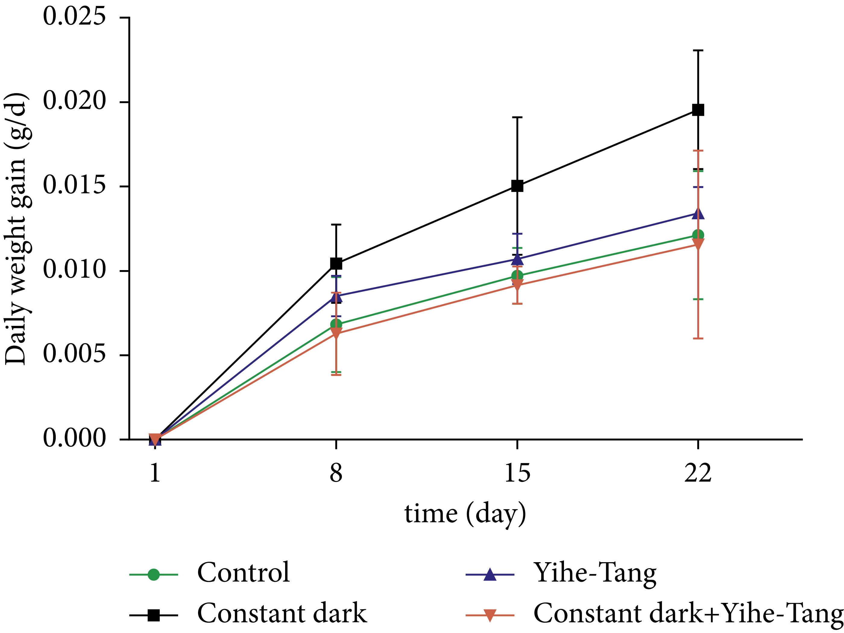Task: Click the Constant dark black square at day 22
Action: click(x=698, y=110)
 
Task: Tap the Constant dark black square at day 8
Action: click(x=336, y=263)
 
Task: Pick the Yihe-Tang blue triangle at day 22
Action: click(x=698, y=214)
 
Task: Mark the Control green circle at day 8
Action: click(x=336, y=325)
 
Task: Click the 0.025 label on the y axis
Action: click(x=74, y=17)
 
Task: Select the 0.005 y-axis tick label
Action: click(x=74, y=354)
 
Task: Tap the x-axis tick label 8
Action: click(x=336, y=473)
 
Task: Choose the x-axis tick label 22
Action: click(x=698, y=473)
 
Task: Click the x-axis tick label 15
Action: click(x=517, y=473)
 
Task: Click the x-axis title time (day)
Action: click(x=465, y=514)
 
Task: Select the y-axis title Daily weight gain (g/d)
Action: click(x=16, y=229)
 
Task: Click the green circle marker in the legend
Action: click(x=153, y=574)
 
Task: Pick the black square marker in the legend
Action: click(x=153, y=615)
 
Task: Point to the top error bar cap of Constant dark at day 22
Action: click(x=698, y=50)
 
